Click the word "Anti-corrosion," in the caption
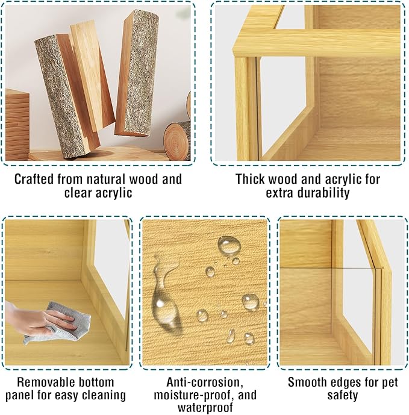pyautogui.click(x=205, y=382)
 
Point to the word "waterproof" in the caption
pyautogui.click(x=205, y=408)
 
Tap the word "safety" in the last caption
pyautogui.click(x=343, y=395)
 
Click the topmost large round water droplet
pyautogui.click(x=229, y=245)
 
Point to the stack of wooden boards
pyautogui.click(x=17, y=125)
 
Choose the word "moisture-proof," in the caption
pyautogui.click(x=195, y=395)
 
